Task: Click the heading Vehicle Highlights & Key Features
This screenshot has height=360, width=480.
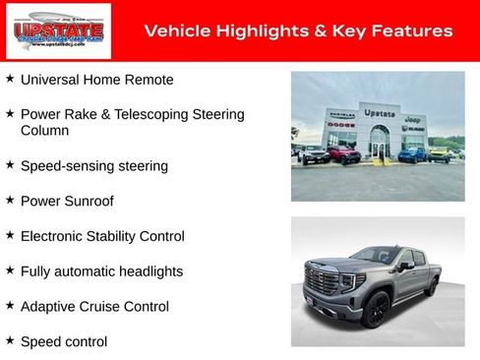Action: click(x=298, y=31)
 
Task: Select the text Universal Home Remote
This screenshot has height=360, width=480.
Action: click(x=96, y=79)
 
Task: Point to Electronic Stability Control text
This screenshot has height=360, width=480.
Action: click(x=102, y=236)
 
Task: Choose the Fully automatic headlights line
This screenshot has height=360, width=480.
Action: click(x=101, y=271)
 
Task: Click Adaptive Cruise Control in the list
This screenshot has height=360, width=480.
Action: click(x=94, y=307)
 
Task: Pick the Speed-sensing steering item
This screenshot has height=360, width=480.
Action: click(x=93, y=165)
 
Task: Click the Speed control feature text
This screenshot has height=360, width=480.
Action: click(x=64, y=341)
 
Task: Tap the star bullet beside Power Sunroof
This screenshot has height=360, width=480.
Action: click(x=10, y=199)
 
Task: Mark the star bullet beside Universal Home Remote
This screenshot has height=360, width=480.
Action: click(x=10, y=77)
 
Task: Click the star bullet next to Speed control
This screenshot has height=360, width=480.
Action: click(x=10, y=339)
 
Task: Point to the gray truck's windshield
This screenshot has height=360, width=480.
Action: click(x=375, y=256)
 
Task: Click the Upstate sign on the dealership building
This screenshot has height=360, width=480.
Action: click(x=379, y=113)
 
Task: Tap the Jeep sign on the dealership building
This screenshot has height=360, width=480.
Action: click(x=414, y=118)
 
